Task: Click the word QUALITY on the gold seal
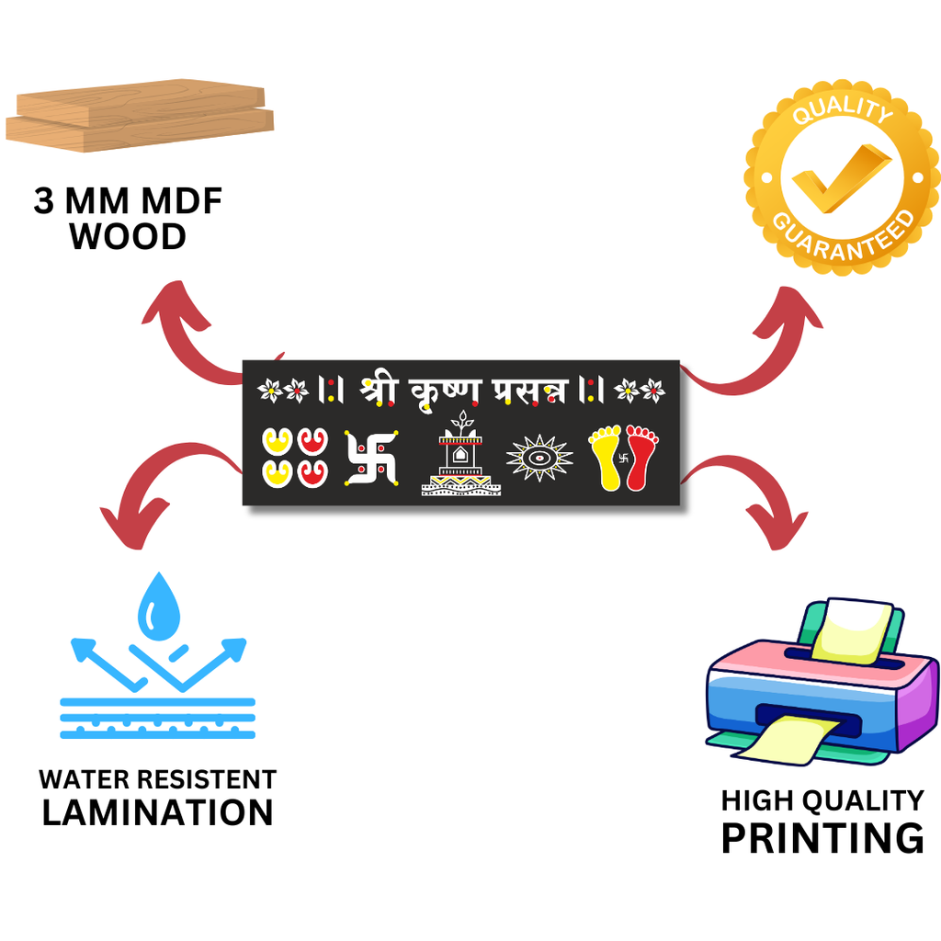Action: click(842, 110)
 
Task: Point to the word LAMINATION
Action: click(158, 812)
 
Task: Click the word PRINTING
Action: click(822, 838)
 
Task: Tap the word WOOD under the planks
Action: click(128, 237)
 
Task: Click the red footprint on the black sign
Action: click(641, 456)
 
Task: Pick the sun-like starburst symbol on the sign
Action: click(539, 457)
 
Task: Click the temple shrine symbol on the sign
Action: click(460, 457)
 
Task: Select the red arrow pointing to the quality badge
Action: click(763, 340)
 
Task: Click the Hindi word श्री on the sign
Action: click(379, 389)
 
